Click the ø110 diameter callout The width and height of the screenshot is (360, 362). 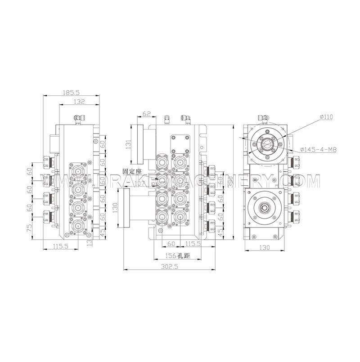pyautogui.click(x=326, y=116)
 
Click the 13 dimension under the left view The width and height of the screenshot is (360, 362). pyautogui.click(x=89, y=243)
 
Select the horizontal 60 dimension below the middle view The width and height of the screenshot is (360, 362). pyautogui.click(x=171, y=243)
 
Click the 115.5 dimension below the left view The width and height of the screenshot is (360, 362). pyautogui.click(x=60, y=246)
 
